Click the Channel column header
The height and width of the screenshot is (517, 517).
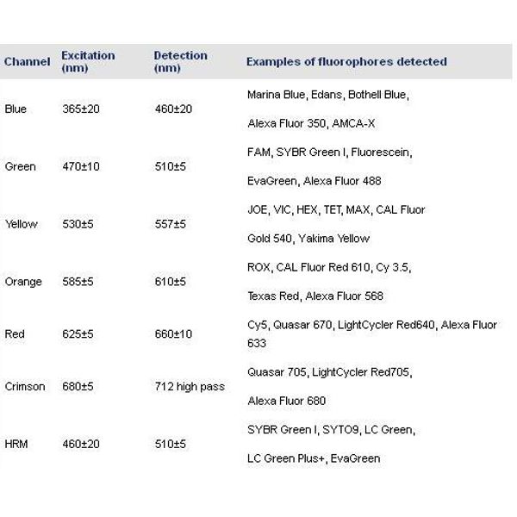click(27, 62)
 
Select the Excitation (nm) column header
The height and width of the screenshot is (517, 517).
click(88, 62)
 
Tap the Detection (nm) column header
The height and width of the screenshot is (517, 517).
click(180, 62)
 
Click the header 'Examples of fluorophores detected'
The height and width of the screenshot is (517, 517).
click(346, 62)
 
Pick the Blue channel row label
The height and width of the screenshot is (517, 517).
click(16, 109)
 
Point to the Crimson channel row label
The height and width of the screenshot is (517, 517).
click(25, 386)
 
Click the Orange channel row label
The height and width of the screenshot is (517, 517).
click(22, 281)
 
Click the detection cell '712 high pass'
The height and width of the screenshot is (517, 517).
click(189, 386)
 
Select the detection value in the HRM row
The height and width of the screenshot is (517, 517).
click(170, 444)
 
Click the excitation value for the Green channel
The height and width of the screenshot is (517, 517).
click(81, 166)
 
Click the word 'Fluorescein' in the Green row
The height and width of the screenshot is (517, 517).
click(380, 153)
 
